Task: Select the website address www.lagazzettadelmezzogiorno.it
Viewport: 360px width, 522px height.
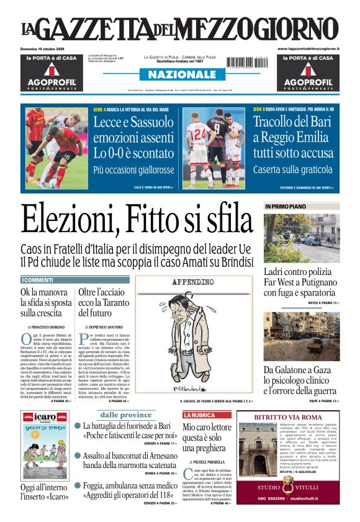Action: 308,48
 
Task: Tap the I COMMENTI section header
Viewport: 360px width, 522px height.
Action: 39,281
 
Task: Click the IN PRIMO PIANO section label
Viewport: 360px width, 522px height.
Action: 286,206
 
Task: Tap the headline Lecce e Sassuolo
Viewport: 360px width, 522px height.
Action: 133,122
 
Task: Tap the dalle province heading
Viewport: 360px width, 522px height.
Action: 126,415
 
